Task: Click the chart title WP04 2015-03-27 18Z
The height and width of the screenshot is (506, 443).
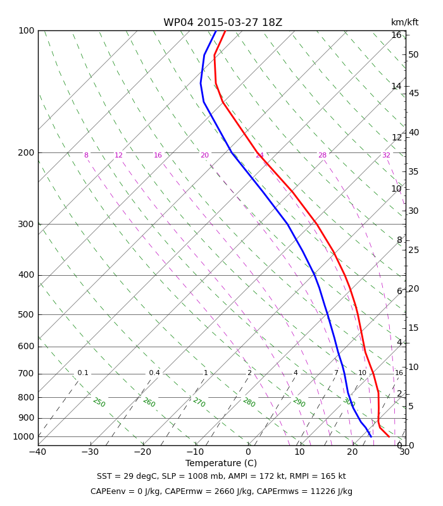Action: point(223,23)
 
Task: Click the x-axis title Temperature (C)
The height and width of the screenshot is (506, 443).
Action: point(221,463)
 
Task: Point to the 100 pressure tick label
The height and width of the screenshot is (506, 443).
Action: point(27,30)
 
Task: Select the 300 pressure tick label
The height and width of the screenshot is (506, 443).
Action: point(26,224)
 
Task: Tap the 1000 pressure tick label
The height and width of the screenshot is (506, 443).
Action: point(23,436)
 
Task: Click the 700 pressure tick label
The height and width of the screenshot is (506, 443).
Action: point(26,374)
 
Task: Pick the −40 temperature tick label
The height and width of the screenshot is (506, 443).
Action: point(38,452)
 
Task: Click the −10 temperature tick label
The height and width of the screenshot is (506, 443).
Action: point(196,452)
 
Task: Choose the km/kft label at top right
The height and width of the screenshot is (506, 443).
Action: point(404,22)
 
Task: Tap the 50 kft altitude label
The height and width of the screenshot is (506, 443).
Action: point(413,54)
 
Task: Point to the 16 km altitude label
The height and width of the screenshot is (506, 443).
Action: point(397,35)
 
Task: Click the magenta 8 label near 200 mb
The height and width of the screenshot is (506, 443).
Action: point(86,155)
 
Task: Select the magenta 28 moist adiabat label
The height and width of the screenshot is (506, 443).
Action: point(323,155)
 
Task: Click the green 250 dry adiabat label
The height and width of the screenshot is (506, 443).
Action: point(99,402)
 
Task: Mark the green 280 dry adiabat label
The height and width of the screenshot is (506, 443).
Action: point(249,402)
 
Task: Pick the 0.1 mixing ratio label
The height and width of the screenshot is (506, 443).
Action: point(83,373)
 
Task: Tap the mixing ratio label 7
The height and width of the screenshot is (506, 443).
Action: point(336,373)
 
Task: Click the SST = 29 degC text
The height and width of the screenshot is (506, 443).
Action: point(127,476)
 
